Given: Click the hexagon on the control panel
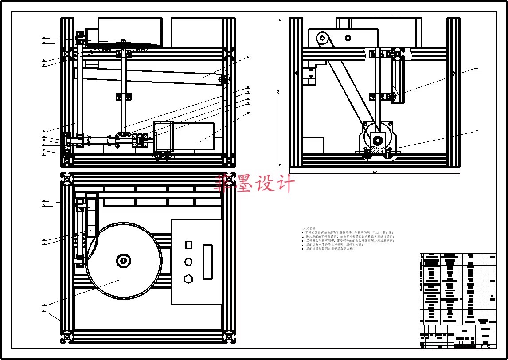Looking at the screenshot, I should pos(188,278).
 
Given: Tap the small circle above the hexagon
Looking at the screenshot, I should pos(188,262).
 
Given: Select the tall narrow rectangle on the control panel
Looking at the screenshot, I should pos(207,262).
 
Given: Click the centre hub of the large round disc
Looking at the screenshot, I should pos(123,261).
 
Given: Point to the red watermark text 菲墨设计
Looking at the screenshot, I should pos(254,183).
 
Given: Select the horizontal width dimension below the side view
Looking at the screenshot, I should pos(375,172).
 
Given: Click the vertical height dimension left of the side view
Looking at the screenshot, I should pos(279,92).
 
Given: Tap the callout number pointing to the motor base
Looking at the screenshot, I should pos(477,131).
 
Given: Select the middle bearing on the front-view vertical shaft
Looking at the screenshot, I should pos(123,96).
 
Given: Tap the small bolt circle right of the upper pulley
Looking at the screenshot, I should pos(348,38).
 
